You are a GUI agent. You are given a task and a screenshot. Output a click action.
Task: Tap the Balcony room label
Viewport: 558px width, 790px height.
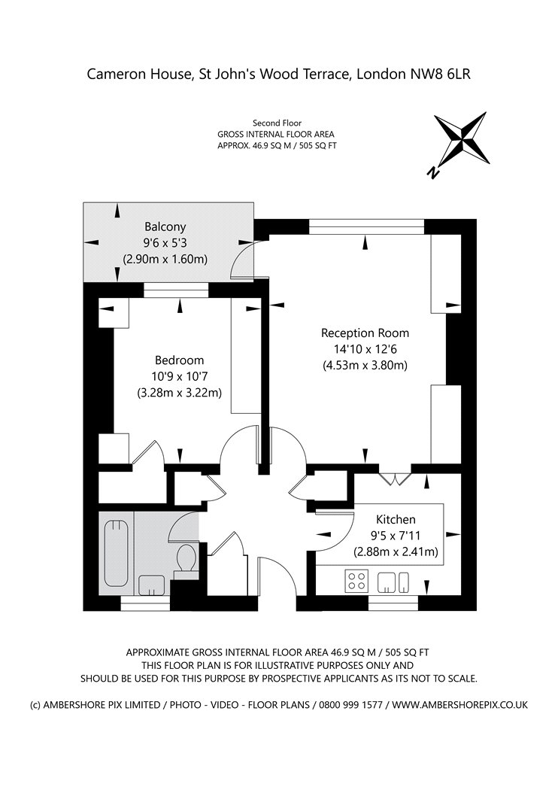(x=165, y=226)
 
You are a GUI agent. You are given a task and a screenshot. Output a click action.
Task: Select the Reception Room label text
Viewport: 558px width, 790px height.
(x=365, y=333)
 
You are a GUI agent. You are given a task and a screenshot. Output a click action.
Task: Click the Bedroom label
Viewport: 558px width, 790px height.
(x=179, y=360)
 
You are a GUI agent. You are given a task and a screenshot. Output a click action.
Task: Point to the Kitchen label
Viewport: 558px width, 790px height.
(x=396, y=519)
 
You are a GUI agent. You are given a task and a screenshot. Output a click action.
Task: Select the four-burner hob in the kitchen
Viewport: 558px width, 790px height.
(x=355, y=581)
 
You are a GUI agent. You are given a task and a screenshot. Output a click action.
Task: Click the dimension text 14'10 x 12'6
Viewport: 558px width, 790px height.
(x=365, y=349)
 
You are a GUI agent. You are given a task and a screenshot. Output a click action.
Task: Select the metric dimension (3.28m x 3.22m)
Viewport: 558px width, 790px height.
(x=179, y=393)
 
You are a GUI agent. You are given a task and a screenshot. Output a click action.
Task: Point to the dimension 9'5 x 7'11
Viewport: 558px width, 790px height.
(x=396, y=536)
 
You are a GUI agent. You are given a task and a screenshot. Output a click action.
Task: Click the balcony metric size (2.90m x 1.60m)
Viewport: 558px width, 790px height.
(x=165, y=260)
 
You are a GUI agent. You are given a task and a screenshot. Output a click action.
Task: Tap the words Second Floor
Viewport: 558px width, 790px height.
(x=277, y=123)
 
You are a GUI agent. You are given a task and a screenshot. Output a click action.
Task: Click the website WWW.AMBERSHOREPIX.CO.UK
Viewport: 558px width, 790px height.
(x=460, y=705)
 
